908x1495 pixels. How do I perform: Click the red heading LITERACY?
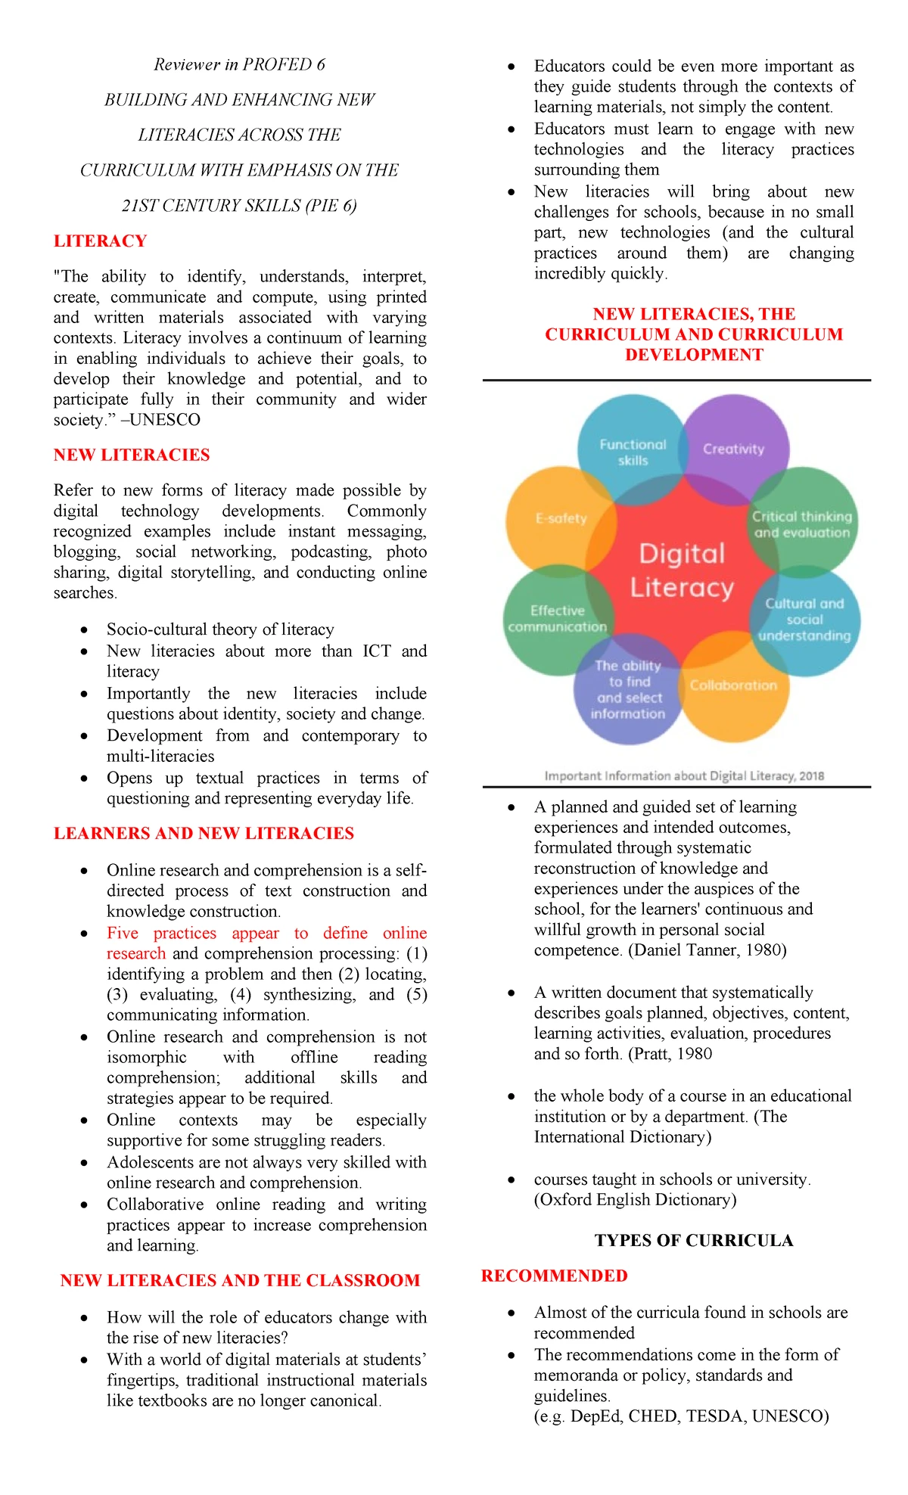click(100, 241)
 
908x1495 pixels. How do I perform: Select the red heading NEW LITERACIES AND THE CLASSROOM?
click(240, 1280)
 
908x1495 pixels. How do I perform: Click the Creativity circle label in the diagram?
click(733, 449)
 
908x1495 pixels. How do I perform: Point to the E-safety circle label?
click(561, 518)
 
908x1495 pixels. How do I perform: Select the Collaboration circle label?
click(733, 685)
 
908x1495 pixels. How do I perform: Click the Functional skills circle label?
click(633, 452)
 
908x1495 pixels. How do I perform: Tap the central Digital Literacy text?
click(683, 570)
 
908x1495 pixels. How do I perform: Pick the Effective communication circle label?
click(558, 619)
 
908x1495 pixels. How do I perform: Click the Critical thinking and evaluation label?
click(802, 524)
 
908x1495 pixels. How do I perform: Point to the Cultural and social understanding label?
click(804, 620)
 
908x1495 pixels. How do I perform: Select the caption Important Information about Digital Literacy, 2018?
click(684, 775)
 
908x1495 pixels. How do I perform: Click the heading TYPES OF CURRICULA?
click(694, 1240)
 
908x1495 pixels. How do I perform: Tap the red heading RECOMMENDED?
click(554, 1276)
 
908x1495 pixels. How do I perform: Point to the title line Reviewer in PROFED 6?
click(239, 64)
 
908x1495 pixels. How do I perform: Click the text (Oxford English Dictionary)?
click(635, 1199)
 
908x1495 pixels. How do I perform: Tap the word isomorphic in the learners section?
click(146, 1057)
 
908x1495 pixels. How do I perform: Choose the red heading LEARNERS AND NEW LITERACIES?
click(204, 833)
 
